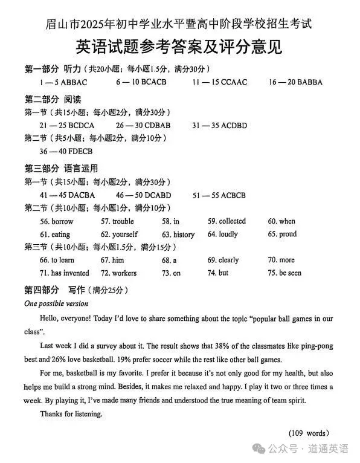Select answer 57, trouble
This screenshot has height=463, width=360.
point(123,221)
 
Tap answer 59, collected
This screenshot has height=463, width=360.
point(232,221)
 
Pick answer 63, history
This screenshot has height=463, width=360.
point(184,234)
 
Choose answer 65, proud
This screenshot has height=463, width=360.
point(288,234)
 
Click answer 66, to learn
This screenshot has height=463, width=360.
point(62,260)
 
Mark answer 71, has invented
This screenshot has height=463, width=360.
point(70,273)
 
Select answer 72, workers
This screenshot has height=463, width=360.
point(124,273)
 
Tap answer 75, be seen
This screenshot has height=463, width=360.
point(290,273)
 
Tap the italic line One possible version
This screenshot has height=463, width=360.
point(56,303)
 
